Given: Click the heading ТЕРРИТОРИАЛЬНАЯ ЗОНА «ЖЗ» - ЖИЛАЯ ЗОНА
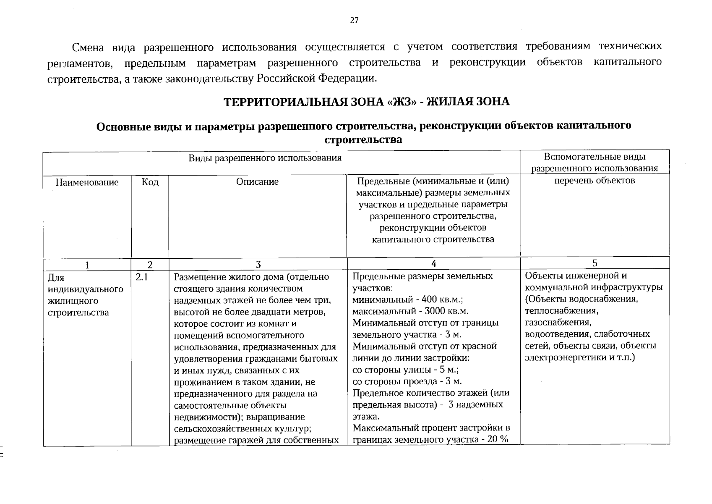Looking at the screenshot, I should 367,102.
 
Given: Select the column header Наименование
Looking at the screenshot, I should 87,182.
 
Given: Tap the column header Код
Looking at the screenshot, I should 150,182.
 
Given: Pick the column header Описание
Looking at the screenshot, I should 257,181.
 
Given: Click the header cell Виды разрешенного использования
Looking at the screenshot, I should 264,158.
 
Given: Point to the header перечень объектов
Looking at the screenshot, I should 595,181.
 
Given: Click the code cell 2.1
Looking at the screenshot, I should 142,277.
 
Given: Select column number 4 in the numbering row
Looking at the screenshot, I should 433,264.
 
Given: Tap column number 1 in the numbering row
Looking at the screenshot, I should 87,265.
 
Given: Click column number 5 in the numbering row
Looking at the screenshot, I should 595,263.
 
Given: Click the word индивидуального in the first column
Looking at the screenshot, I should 86,289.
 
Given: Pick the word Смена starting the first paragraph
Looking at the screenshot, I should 88,47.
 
